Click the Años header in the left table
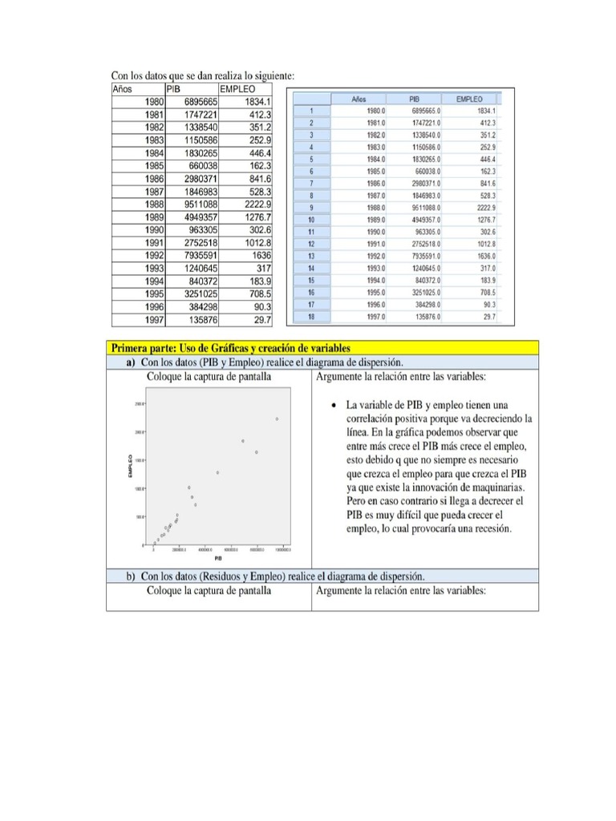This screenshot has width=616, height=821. click(122, 89)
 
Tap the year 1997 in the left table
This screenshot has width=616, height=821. click(152, 320)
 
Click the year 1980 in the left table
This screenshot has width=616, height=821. click(152, 102)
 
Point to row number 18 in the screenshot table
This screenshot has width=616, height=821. click(310, 317)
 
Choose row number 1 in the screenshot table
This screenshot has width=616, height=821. click(310, 111)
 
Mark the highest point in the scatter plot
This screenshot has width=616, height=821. click(277, 419)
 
